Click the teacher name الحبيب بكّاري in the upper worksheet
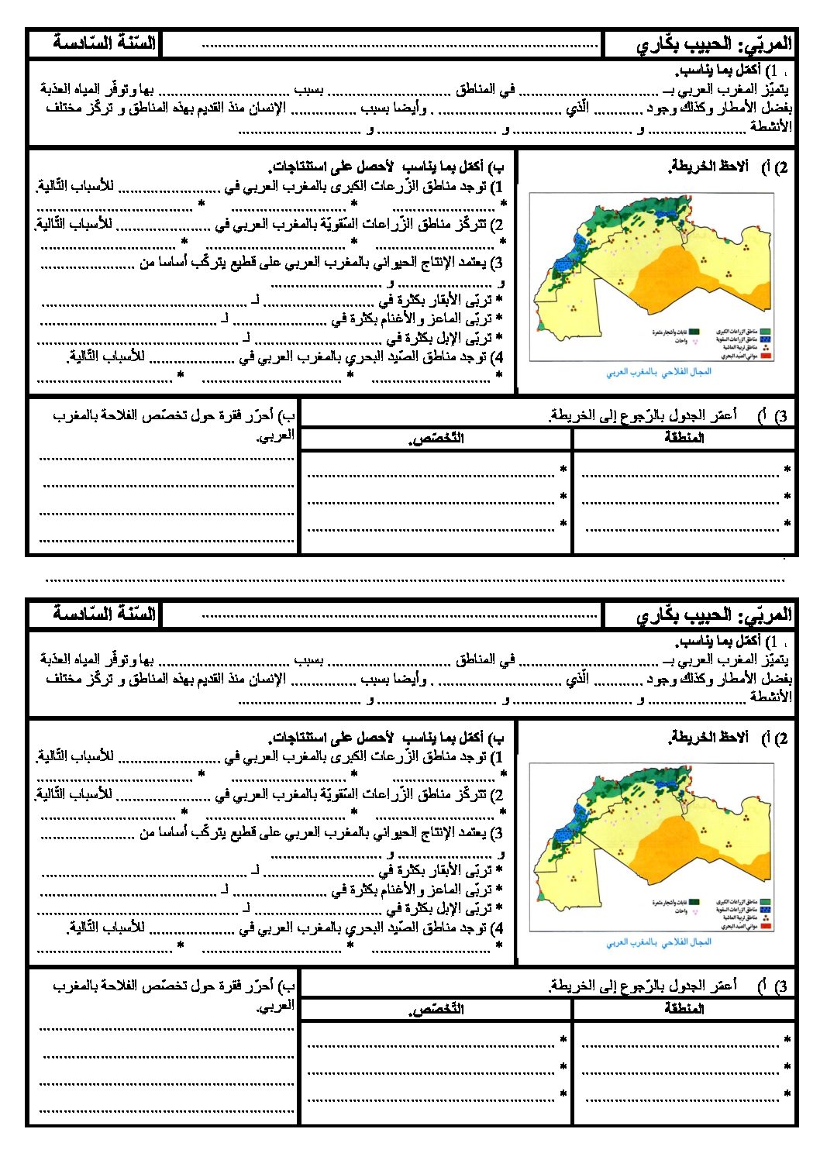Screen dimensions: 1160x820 pos(682,44)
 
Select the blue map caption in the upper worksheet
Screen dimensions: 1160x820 pos(658,372)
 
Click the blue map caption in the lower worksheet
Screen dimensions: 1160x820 pos(658,942)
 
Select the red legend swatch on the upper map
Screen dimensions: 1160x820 pos(767,357)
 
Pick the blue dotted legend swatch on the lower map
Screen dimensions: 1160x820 pos(767,910)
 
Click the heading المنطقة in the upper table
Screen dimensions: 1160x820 pos(684,438)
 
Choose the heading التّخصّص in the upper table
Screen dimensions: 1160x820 pos(436,439)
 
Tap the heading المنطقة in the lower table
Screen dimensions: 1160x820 pos(684,1008)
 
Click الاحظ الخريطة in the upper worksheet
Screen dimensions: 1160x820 pos(708,167)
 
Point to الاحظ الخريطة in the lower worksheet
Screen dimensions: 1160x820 pos(708,737)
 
